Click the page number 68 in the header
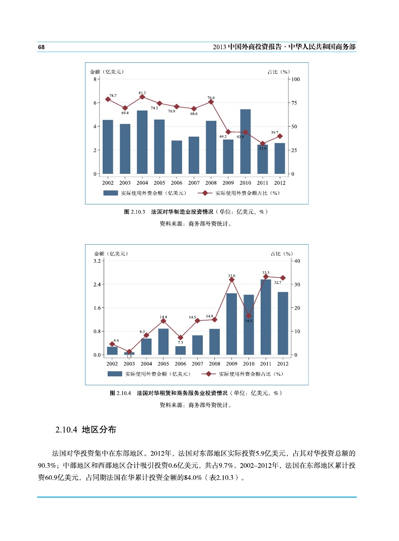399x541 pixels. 41,47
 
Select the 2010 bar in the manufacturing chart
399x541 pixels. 245,141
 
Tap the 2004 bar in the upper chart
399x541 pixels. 142,142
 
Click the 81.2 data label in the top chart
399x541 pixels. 142,92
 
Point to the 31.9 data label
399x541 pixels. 263,149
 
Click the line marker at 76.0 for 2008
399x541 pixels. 211,102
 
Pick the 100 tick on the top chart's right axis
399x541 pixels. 295,79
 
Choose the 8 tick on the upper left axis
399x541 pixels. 96,79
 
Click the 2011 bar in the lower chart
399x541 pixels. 266,317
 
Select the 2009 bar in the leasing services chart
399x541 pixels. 231,324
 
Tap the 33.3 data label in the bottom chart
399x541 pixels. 266,272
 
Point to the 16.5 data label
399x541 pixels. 249,320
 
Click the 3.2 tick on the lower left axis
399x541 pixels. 98,261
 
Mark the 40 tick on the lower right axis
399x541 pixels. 296,261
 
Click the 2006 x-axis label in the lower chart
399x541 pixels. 180,363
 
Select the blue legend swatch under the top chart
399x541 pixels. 110,193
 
